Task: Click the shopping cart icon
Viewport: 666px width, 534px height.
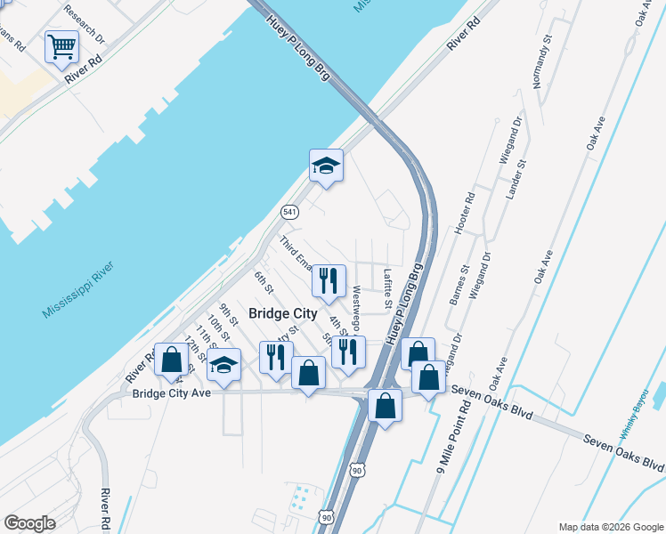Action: pos(61,46)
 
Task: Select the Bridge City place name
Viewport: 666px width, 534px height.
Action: pos(282,313)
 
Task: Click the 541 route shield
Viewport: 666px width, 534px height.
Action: pos(289,212)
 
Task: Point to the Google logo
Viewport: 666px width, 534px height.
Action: pos(30,523)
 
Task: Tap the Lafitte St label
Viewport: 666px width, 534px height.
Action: pos(387,289)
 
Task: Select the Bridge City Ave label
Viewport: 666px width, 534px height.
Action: pos(171,393)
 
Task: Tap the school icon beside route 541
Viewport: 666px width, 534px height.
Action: pos(326,165)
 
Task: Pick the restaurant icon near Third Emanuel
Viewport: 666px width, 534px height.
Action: pos(329,280)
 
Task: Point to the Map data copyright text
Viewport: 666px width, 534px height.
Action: pos(610,527)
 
